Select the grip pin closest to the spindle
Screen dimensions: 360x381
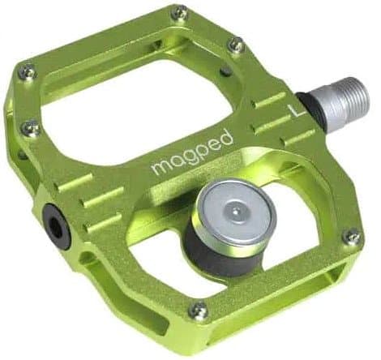[236, 46]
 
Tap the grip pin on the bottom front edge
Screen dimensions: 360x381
[197, 311]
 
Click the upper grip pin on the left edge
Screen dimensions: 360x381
[28, 71]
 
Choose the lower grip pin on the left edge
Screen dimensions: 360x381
[31, 127]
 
